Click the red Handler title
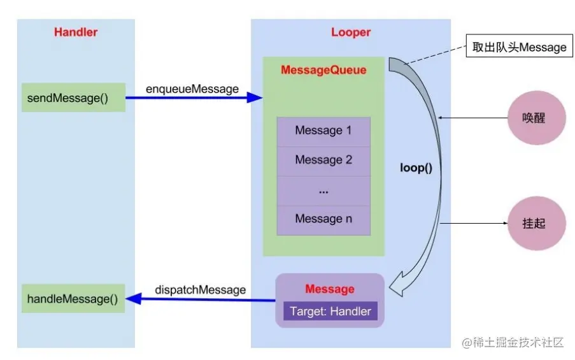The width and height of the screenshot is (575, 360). pos(76,32)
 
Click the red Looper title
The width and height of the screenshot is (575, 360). pos(350,32)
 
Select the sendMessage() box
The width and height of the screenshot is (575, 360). pos(73,97)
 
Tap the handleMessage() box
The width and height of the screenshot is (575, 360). pos(73,298)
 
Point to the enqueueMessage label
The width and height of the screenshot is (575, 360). pos(192,89)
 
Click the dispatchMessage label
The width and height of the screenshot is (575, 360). pos(200,290)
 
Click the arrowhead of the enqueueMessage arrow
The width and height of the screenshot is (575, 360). pos(255,97)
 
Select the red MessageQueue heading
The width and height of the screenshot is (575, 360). pos(323,70)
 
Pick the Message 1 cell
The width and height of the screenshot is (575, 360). pos(323,131)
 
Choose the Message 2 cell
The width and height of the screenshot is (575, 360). pos(323,160)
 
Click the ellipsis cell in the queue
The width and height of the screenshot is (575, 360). pos(323,190)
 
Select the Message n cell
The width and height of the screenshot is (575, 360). pos(323,219)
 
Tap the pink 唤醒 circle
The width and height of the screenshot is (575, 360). pos(534,119)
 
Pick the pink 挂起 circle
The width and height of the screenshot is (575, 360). pos(534,224)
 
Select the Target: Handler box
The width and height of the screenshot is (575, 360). pos(330,312)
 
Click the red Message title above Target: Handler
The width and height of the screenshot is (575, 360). pos(329,289)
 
